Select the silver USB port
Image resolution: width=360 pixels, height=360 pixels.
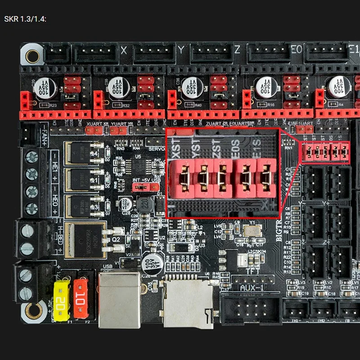120,299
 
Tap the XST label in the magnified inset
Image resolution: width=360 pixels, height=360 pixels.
176,148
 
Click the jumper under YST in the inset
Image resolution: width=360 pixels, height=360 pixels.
203,176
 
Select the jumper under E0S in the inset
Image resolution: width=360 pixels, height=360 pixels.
245,176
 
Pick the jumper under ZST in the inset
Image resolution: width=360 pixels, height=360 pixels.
224,176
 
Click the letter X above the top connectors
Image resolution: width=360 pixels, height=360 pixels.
124,50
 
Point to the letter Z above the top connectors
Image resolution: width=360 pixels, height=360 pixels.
237,50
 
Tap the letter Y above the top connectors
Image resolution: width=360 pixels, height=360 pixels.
181,50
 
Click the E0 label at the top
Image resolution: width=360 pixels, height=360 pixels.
297,50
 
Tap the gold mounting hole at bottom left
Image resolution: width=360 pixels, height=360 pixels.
32,310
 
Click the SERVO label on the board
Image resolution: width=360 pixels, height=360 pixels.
155,148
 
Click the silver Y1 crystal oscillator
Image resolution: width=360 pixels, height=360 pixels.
249,230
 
